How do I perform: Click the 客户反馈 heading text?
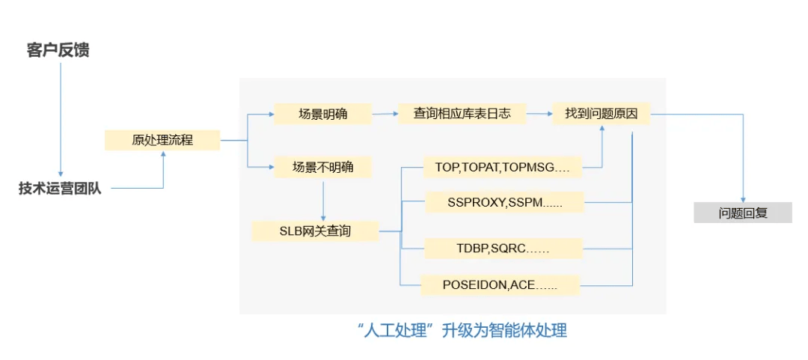click(58, 51)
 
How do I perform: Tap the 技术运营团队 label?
click(61, 189)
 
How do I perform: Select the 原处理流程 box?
click(162, 140)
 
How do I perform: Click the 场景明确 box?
click(322, 114)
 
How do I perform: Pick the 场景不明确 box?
click(322, 167)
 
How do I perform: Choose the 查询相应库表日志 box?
click(462, 114)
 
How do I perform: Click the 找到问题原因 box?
click(602, 114)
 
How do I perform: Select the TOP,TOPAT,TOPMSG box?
click(503, 167)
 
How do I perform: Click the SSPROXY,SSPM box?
click(504, 202)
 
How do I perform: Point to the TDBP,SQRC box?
click(503, 248)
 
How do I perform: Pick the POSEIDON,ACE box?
click(500, 285)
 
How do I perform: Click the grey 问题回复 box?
click(743, 213)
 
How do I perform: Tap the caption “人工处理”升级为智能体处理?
click(462, 330)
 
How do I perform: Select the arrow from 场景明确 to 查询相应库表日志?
click(385, 114)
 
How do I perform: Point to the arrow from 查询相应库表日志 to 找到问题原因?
click(539, 114)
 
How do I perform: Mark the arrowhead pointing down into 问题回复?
click(743, 199)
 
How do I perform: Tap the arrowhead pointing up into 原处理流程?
click(163, 153)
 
